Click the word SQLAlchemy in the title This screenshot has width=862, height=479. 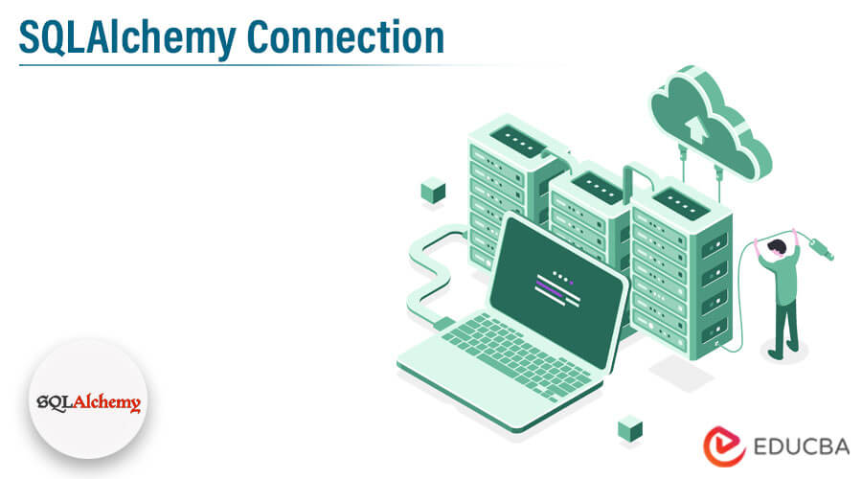point(127,38)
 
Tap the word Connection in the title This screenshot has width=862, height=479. point(345,37)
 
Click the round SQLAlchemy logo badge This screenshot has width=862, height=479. point(88,399)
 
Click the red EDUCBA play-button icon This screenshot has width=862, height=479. point(724,445)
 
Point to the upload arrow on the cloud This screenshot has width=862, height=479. point(696,129)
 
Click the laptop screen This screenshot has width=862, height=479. point(556,291)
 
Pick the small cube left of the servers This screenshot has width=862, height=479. point(433,191)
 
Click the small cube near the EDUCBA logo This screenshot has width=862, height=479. point(630,428)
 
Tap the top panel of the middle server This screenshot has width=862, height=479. point(598,188)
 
